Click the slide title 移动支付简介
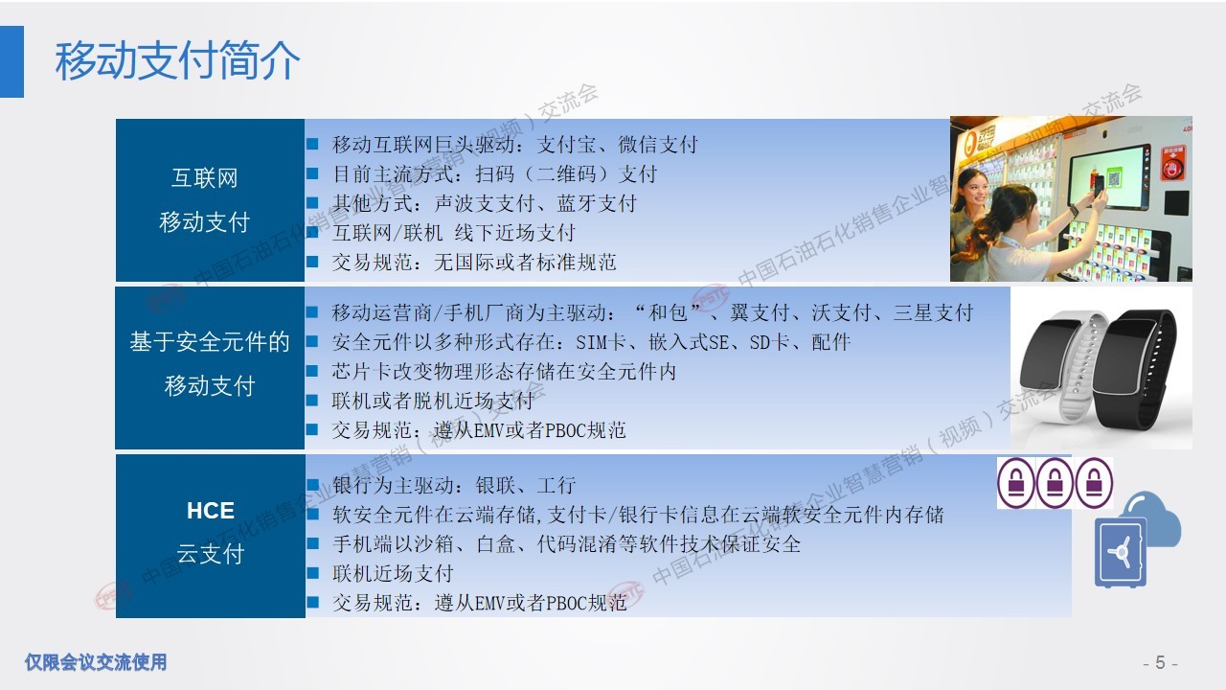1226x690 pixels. click(x=177, y=60)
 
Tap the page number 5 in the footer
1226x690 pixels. click(x=1160, y=662)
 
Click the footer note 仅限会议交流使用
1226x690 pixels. click(x=96, y=662)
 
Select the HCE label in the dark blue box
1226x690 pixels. click(x=210, y=511)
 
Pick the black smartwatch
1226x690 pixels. click(x=1134, y=368)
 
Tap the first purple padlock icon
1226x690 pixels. click(x=1016, y=483)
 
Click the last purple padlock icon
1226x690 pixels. click(x=1094, y=483)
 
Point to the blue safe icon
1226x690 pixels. click(x=1120, y=553)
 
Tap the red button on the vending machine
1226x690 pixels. click(x=1172, y=163)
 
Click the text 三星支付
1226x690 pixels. click(x=933, y=312)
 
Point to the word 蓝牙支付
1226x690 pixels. click(x=597, y=203)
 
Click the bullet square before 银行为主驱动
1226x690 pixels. click(x=312, y=485)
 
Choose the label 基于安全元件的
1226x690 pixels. click(x=210, y=342)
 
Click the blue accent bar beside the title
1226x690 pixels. click(x=11, y=61)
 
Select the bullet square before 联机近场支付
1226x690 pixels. click(x=312, y=573)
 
